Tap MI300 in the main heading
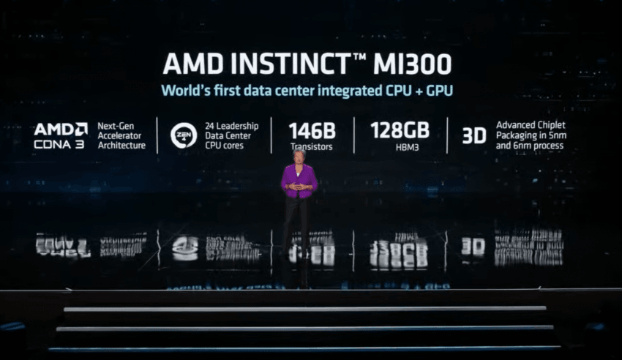click(412, 64)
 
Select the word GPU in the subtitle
click(440, 91)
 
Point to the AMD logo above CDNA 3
click(61, 130)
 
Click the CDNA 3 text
click(59, 144)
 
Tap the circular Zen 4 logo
click(184, 135)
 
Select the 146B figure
click(312, 131)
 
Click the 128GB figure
click(400, 130)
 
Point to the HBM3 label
click(407, 148)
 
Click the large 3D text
click(474, 136)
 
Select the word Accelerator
click(119, 135)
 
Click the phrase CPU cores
click(224, 146)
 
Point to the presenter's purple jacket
click(299, 181)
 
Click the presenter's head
click(299, 155)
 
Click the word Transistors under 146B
click(312, 146)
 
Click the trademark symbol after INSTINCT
click(359, 58)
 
